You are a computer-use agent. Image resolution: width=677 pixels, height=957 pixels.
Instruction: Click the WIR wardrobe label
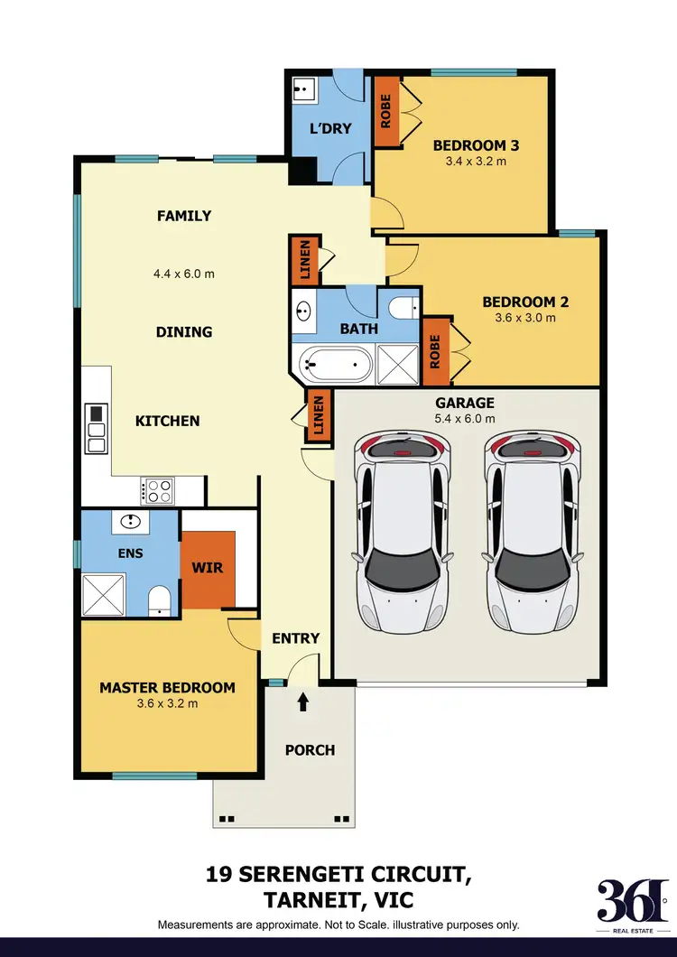pos(208,569)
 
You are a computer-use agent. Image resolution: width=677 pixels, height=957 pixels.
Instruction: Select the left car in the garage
pos(403,533)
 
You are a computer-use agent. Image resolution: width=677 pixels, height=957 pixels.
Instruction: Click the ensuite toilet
pos(161,600)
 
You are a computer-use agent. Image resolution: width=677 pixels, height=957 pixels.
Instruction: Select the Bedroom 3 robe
pos(385,111)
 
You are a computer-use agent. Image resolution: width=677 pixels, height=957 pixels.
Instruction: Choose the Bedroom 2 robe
pos(434,350)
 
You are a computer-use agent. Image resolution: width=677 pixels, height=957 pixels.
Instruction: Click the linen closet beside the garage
pos(317,417)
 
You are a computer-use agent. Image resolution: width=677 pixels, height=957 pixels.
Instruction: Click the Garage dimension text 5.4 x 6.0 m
pos(464,419)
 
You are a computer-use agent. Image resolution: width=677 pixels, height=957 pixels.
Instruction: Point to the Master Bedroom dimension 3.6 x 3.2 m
pos(167,703)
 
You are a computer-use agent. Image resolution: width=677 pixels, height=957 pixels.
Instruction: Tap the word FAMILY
pos(184,216)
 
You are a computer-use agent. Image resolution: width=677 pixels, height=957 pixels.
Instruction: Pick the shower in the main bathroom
pos(398,366)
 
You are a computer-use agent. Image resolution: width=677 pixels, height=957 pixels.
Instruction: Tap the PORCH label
pos(310,750)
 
